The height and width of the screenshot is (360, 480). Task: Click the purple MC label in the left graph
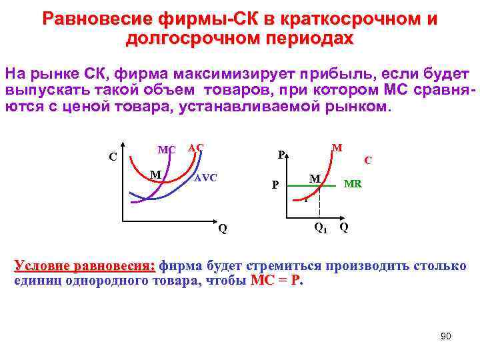pyautogui.click(x=166, y=149)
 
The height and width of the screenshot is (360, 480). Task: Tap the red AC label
pyautogui.click(x=196, y=147)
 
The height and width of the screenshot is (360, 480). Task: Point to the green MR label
pyautogui.click(x=353, y=183)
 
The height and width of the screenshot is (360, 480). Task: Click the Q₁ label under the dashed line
pyautogui.click(x=320, y=228)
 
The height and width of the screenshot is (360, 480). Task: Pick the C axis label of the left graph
pyautogui.click(x=113, y=158)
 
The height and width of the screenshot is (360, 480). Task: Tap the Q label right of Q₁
pyautogui.click(x=343, y=227)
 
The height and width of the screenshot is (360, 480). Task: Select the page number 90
pyautogui.click(x=446, y=336)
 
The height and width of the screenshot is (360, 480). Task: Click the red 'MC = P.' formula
pyautogui.click(x=277, y=281)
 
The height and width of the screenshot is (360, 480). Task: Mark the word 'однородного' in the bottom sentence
pyautogui.click(x=117, y=281)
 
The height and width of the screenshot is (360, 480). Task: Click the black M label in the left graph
pyautogui.click(x=156, y=175)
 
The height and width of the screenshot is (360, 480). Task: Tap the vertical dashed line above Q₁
pyautogui.click(x=321, y=203)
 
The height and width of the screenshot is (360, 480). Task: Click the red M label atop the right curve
pyautogui.click(x=337, y=147)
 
